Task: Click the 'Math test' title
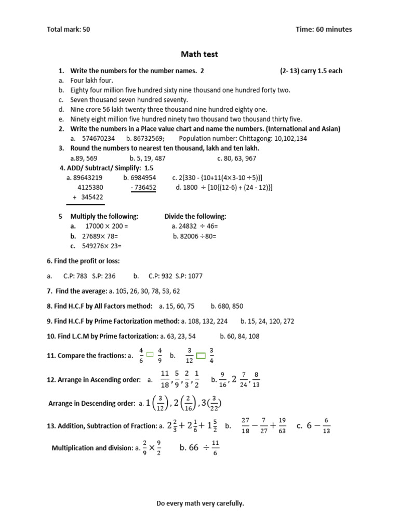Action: [x=199, y=54]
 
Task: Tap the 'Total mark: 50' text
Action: [x=69, y=30]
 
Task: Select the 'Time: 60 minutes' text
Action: [x=324, y=30]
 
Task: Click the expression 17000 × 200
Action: [x=106, y=227]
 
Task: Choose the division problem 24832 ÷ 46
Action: [x=195, y=227]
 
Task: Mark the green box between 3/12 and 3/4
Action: [x=201, y=355]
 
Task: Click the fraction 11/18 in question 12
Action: [x=165, y=379]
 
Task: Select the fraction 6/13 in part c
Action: [x=326, y=425]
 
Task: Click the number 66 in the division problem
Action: [x=194, y=448]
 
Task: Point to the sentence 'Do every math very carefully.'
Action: [x=200, y=503]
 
